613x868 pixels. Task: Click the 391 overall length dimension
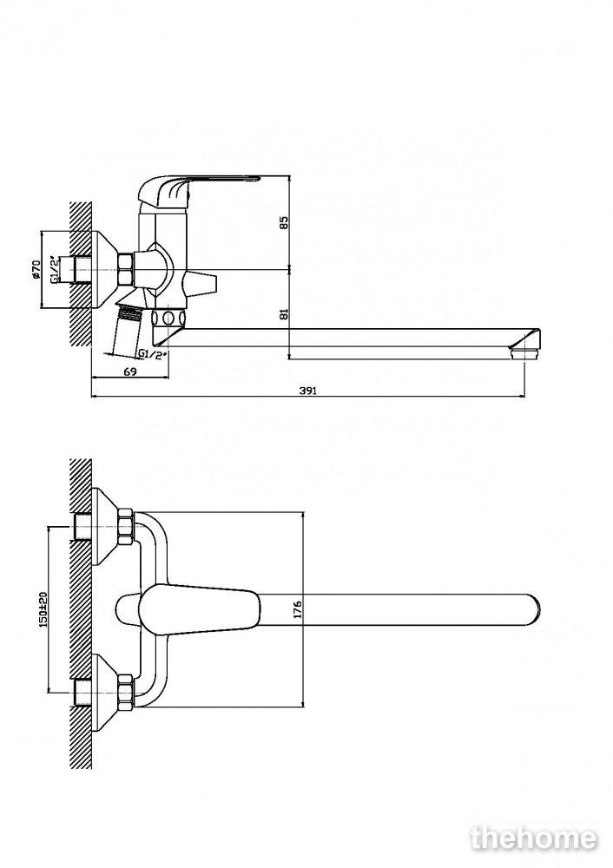click(x=308, y=391)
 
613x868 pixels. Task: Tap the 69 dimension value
click(x=130, y=372)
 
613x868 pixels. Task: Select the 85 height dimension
click(x=284, y=222)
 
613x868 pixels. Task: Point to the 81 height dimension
click(x=284, y=314)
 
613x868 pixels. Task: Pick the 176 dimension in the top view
click(x=297, y=609)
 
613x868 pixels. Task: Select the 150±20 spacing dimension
click(x=43, y=609)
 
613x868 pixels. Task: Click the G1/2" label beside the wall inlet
click(x=55, y=269)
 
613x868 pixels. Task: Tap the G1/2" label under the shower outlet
click(x=152, y=354)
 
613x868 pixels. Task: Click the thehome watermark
click(x=533, y=838)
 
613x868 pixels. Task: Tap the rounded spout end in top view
click(x=531, y=609)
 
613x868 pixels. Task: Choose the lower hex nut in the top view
click(x=126, y=691)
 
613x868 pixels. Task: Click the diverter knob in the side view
click(x=201, y=282)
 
